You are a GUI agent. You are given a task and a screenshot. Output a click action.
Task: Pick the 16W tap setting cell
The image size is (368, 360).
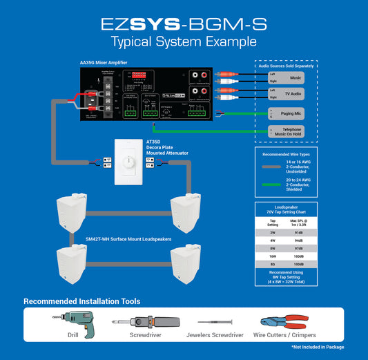(x=273, y=256)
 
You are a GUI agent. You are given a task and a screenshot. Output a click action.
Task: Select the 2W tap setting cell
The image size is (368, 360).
(x=273, y=232)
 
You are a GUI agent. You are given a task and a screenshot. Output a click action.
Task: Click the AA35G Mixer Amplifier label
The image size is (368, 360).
(x=104, y=63)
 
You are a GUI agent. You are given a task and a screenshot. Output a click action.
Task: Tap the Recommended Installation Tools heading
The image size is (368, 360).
(x=82, y=301)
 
